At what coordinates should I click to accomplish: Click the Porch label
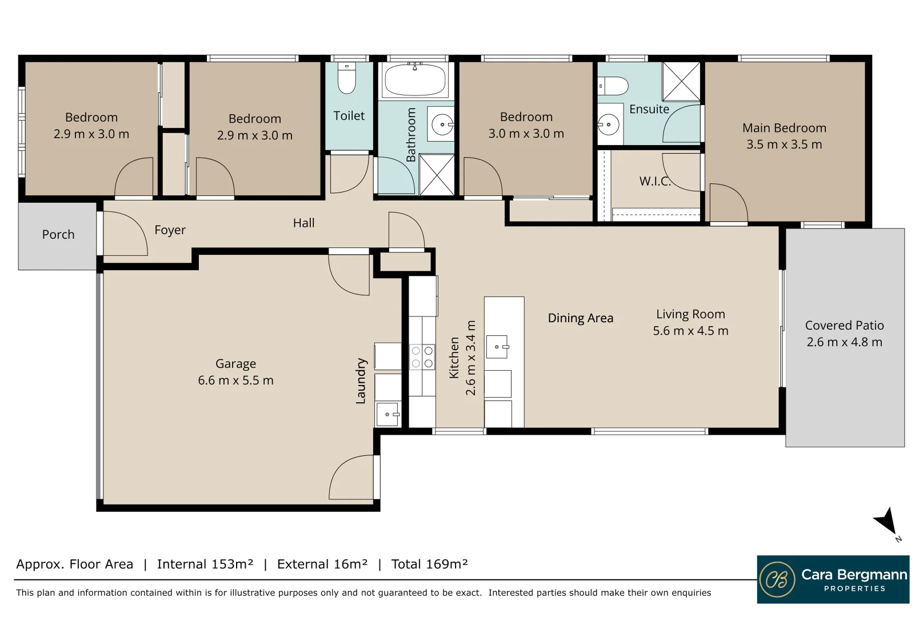point(58,234)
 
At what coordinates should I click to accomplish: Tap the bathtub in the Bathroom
point(414,80)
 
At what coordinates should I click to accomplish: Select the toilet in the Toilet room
point(347,78)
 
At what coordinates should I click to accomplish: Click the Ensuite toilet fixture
point(613,86)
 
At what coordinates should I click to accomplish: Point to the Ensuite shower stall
point(681,82)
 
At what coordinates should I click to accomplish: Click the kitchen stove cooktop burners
point(422,356)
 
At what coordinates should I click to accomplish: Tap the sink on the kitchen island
point(497,347)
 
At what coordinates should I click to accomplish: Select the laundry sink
point(387,414)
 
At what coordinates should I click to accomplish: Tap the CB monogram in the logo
point(777,579)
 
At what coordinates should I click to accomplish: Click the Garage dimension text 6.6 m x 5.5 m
point(235,380)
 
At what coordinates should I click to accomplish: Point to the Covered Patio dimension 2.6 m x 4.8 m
point(844,342)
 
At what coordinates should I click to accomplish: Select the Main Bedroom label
point(784,128)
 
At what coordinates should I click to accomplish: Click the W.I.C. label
point(655,181)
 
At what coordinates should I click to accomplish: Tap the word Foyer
point(170,230)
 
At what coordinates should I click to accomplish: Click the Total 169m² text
point(429,564)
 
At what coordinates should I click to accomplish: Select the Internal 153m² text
point(205,564)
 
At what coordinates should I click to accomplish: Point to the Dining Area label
point(580,318)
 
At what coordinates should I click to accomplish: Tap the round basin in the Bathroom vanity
point(442,124)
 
